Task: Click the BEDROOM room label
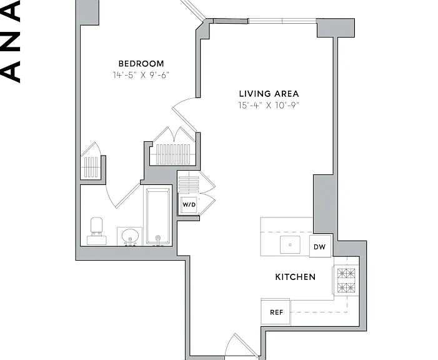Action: point(141,64)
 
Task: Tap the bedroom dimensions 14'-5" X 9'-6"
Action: point(141,75)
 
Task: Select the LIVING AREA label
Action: point(269,94)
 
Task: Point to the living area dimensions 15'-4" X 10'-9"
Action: point(269,106)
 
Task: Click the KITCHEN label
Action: point(296,277)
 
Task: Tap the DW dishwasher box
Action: point(320,246)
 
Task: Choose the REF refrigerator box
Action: point(276,312)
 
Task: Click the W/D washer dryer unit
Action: point(189,204)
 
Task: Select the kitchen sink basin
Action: point(291,244)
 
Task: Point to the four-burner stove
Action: point(346,280)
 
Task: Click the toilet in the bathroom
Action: point(97,231)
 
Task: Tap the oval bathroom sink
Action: point(130,237)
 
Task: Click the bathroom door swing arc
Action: point(110,199)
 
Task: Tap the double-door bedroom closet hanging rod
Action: point(173,154)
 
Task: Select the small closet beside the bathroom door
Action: point(91,167)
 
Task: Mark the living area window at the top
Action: point(282,21)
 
